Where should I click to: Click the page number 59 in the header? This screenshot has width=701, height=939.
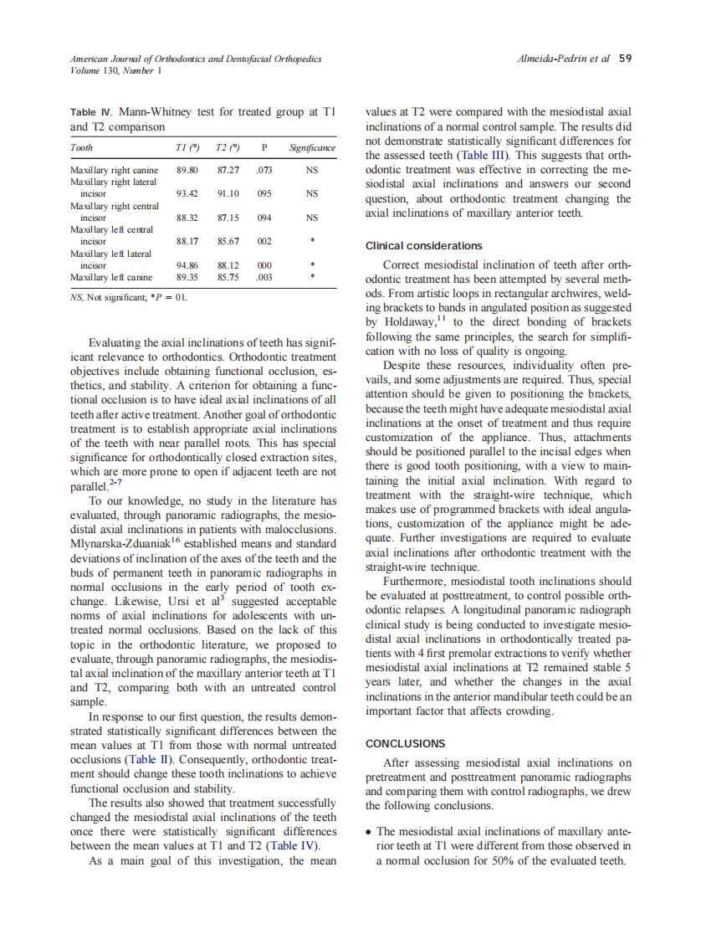click(x=625, y=59)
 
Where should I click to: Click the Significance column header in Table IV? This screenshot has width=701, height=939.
click(x=311, y=147)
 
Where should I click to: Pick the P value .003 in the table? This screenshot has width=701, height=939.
click(x=264, y=277)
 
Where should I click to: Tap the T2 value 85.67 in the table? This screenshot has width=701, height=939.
click(x=228, y=241)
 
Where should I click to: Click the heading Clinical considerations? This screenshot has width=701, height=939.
click(x=424, y=246)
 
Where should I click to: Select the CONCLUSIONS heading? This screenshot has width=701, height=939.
click(x=406, y=743)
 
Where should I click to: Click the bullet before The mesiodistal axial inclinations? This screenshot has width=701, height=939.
click(x=370, y=832)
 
